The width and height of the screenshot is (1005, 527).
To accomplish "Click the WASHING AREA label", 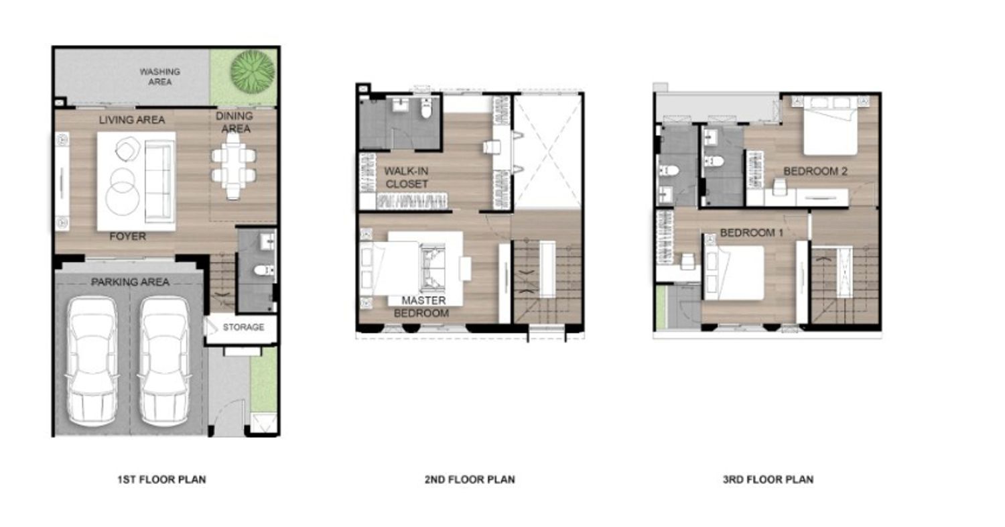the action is click(159, 76).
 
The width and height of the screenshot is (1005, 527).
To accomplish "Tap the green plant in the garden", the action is click(252, 70).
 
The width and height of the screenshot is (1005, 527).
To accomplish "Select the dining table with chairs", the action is click(234, 166).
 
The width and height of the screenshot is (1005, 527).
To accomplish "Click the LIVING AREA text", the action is click(132, 120).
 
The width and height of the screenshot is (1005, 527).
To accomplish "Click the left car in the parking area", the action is click(92, 362).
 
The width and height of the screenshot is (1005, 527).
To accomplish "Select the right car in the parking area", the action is click(164, 362).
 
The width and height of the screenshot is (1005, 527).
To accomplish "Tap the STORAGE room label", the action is click(244, 327).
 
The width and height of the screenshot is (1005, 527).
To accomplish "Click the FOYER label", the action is click(128, 236).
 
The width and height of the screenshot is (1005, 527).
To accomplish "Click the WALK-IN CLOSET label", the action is click(407, 177).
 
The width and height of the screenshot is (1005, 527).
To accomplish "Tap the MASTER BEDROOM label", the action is click(421, 306).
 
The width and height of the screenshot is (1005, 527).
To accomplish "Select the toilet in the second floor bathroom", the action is click(426, 108).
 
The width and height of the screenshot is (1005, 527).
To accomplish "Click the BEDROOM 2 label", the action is click(815, 171).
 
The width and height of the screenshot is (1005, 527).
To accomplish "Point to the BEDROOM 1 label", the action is click(752, 233).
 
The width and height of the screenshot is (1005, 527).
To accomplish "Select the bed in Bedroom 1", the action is click(734, 272).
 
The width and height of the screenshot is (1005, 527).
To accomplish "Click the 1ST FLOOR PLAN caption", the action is click(161, 479).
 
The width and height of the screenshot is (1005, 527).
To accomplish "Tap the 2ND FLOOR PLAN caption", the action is click(470, 479).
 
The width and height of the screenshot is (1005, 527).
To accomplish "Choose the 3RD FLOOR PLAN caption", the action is click(768, 479).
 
